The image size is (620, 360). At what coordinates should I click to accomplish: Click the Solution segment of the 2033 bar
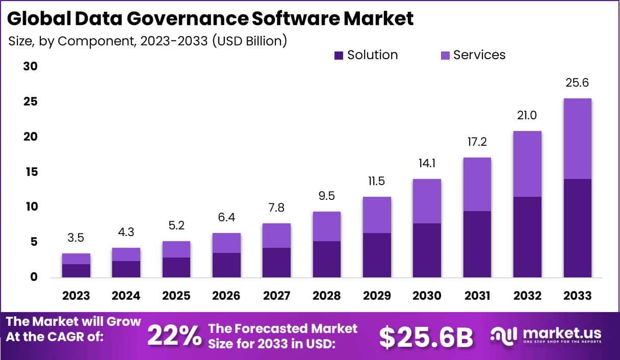[x=578, y=228]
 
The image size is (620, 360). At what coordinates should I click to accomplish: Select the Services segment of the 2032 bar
[x=527, y=164]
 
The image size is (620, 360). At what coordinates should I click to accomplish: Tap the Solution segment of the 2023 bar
[x=76, y=271]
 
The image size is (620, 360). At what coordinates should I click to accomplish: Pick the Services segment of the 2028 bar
[x=327, y=226]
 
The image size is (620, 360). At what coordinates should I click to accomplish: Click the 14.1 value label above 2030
[x=427, y=164]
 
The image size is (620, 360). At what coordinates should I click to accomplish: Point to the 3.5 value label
[x=76, y=238]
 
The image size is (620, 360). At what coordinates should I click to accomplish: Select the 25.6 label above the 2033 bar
[x=578, y=83]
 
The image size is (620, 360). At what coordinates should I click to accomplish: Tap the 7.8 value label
[x=276, y=208]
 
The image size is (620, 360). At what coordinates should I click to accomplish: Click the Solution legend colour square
[x=339, y=56]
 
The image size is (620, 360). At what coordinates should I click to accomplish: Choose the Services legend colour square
[x=445, y=56]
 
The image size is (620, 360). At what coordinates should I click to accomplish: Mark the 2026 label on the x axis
[x=226, y=296]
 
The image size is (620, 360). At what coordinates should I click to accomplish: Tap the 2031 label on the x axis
[x=477, y=296]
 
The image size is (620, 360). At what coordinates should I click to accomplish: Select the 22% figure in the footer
[x=174, y=336]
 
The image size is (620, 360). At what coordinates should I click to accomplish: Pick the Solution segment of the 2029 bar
[x=377, y=255]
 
